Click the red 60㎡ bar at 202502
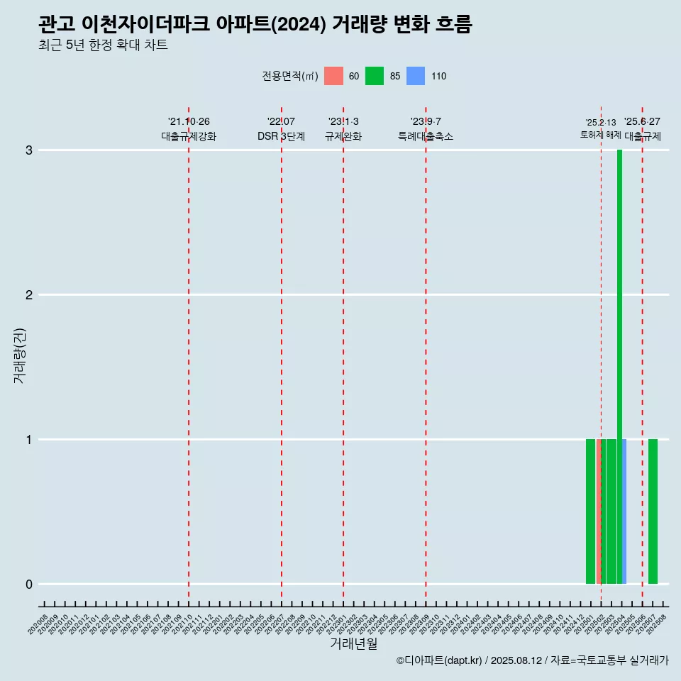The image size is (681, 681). point(599,511)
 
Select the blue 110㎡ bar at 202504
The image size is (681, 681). point(624,511)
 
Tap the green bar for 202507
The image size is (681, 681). point(653,511)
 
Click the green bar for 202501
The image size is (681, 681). point(590,511)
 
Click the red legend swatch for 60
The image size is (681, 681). point(333,76)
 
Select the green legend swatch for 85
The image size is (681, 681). point(375,76)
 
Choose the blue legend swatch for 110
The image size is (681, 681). point(416,76)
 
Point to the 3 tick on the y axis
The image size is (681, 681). point(29,150)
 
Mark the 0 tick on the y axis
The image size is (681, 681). point(29,585)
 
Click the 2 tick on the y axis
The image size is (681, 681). point(29,295)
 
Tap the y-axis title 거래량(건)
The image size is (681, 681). point(20,355)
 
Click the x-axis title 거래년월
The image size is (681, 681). point(353,644)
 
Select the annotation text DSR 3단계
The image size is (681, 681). point(281,136)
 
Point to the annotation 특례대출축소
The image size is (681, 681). point(426,136)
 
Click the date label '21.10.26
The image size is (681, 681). point(189,122)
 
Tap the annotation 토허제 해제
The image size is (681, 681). point(600,135)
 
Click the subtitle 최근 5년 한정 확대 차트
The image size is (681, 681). point(103,45)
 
